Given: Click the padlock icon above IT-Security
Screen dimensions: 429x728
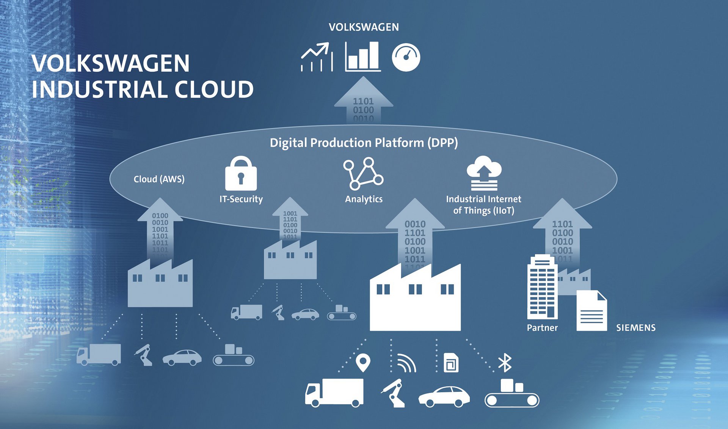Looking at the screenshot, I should (241, 174).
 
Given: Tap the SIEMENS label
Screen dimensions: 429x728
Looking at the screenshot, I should (635, 328).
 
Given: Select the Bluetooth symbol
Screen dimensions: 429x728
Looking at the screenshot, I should (505, 363).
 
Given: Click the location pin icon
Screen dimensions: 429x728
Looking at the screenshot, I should (363, 363).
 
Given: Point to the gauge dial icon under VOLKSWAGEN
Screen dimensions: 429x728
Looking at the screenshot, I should (406, 57).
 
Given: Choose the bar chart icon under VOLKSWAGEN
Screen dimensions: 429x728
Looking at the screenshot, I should (362, 57).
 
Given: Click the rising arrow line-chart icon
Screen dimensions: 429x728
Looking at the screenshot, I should (317, 57).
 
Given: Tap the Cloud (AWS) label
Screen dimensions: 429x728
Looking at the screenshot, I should (159, 179).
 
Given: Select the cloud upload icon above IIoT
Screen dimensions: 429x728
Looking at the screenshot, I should (484, 173).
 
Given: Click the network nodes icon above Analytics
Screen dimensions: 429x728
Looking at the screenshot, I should (363, 174).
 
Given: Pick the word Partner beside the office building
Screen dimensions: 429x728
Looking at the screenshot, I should (542, 328).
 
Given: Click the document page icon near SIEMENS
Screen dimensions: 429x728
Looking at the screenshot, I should (591, 311).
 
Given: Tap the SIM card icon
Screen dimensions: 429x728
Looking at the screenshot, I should (451, 363).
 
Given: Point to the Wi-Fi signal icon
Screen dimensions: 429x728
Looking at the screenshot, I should (406, 363).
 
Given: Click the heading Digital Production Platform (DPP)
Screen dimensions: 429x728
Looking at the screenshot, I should (364, 143).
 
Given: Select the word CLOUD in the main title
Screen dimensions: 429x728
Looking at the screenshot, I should (214, 90).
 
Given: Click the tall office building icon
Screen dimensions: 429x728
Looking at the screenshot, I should (542, 287).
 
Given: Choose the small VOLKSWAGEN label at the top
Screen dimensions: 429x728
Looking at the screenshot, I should (364, 27).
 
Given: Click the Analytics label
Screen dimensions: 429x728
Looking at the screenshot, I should (364, 199).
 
